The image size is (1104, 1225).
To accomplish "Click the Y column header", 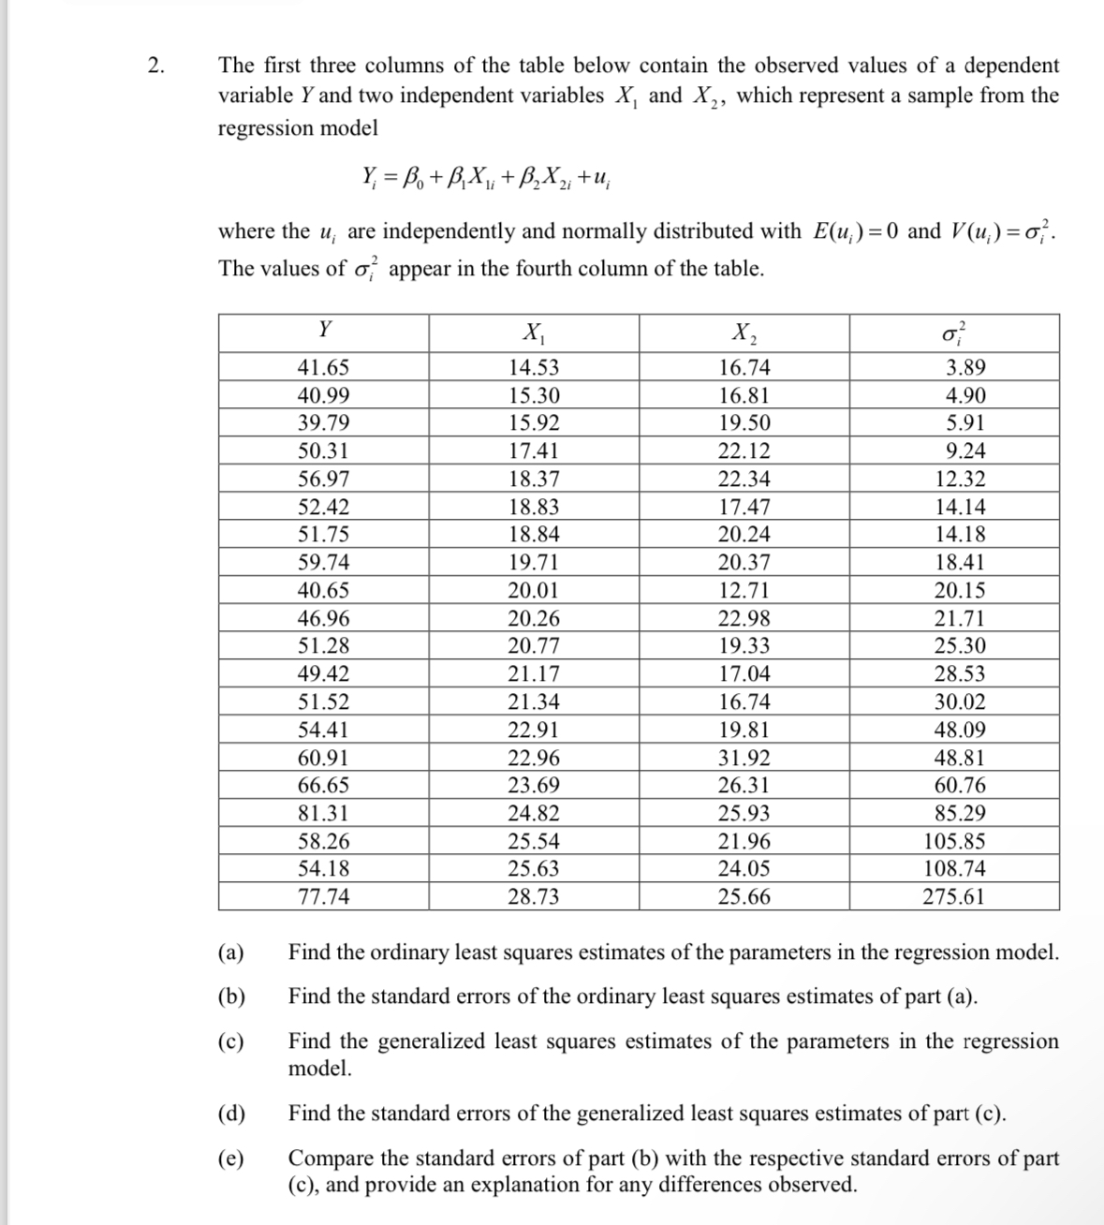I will point(324,331).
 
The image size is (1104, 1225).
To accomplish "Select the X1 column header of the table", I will point(535,332).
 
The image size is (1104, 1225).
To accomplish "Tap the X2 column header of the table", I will point(744,332).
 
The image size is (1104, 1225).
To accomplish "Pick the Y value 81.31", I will point(324,813).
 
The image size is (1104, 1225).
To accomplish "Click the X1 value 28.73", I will point(534,896).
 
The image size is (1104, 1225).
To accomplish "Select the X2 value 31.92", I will point(744,758).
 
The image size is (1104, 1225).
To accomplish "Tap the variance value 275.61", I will point(953,896).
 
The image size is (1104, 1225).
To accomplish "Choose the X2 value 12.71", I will point(744,591).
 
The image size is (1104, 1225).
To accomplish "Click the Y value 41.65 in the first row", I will point(324,368).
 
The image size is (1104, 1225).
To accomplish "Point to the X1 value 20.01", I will point(534,591).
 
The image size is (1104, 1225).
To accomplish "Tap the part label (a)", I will point(230,953).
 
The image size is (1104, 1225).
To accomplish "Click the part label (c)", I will point(230,1041).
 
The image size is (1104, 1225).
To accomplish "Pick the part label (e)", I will point(230,1159).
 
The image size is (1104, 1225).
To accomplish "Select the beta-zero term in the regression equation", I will point(411,177).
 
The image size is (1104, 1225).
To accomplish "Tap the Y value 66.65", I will point(324,786).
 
